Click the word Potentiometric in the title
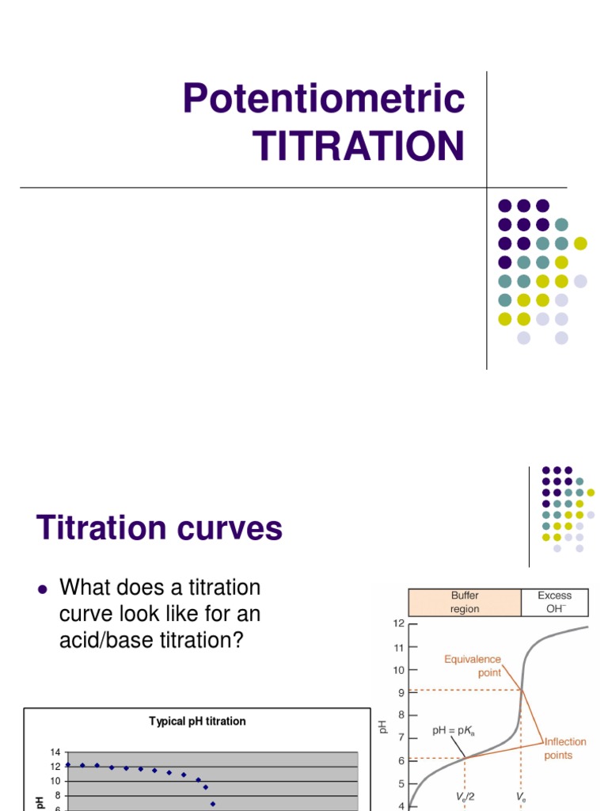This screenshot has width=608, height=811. click(x=323, y=99)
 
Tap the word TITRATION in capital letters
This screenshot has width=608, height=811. click(x=358, y=147)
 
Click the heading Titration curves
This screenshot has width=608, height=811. click(x=159, y=527)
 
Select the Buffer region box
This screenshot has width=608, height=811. click(x=464, y=602)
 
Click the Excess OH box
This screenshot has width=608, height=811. click(x=554, y=602)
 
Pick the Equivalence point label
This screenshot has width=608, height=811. click(x=472, y=665)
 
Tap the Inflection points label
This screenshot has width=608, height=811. click(x=565, y=748)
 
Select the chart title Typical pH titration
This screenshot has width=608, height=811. click(x=197, y=721)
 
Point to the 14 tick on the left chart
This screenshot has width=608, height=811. click(x=55, y=752)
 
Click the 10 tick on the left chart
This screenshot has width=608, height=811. click(x=55, y=781)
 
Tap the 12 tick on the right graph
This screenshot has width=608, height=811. click(x=398, y=623)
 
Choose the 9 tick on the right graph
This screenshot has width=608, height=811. click(x=401, y=691)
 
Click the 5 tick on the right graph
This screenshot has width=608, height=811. click(x=401, y=784)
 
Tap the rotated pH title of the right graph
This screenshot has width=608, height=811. click(x=383, y=725)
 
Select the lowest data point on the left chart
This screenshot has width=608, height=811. click(x=213, y=804)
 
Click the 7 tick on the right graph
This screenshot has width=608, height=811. click(x=401, y=737)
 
